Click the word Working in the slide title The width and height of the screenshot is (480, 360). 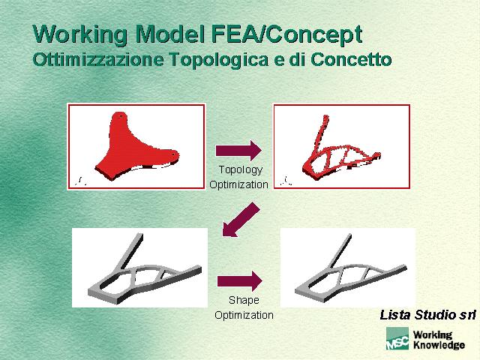[x=80, y=35]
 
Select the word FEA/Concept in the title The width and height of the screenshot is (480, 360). [x=286, y=35]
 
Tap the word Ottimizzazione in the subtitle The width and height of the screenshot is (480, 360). [x=98, y=59]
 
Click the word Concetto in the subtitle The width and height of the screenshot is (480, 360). [x=351, y=59]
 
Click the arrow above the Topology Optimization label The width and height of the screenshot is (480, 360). [x=238, y=151]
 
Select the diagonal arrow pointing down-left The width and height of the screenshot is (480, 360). [x=241, y=220]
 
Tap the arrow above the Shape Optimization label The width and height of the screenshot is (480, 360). [x=240, y=281]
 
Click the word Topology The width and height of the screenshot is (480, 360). [x=241, y=170]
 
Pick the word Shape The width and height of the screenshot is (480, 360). [x=244, y=300]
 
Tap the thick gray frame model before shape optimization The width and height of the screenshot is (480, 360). [x=145, y=268]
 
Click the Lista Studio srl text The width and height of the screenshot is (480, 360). [x=427, y=315]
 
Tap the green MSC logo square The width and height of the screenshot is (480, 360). [x=397, y=338]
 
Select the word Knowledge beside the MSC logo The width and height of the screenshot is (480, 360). [x=439, y=345]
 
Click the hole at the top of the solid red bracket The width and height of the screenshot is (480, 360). [x=121, y=116]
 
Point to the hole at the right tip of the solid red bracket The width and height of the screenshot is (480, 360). [x=173, y=154]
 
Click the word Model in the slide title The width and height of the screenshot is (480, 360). [x=169, y=34]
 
